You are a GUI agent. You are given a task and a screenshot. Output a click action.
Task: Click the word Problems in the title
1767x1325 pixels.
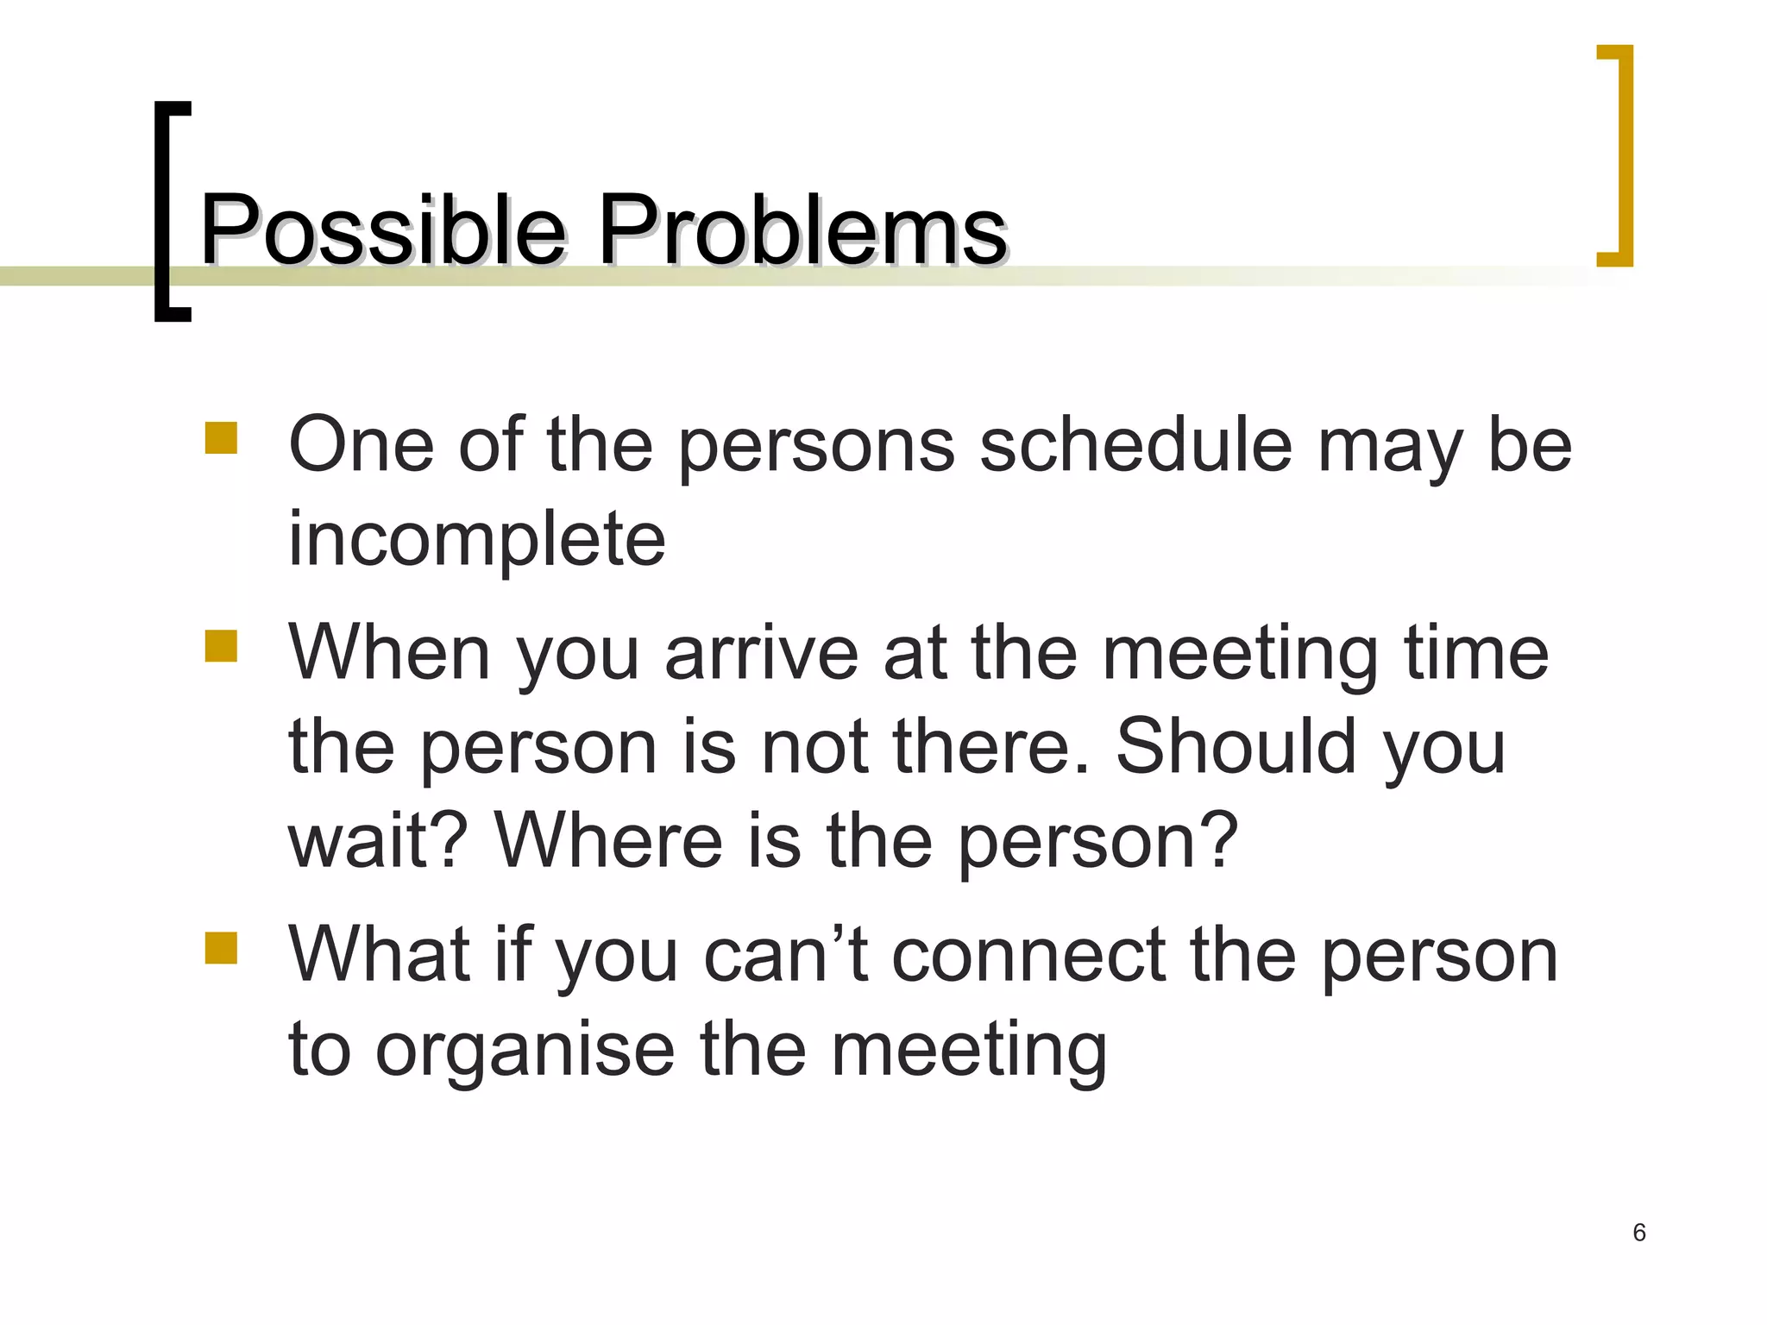(x=802, y=229)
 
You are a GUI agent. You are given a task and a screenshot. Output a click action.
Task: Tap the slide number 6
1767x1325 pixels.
(x=1639, y=1233)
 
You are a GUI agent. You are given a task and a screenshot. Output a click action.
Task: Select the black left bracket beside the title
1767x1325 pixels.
(x=170, y=211)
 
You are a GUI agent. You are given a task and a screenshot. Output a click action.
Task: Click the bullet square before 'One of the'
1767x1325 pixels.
(x=221, y=437)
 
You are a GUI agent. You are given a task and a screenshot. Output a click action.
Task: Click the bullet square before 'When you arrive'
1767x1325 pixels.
(x=221, y=645)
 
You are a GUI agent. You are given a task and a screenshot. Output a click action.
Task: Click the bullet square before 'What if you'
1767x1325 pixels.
(x=221, y=947)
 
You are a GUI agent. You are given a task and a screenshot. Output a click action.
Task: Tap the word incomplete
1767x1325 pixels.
(x=476, y=539)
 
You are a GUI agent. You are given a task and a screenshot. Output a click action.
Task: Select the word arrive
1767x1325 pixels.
(x=762, y=653)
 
